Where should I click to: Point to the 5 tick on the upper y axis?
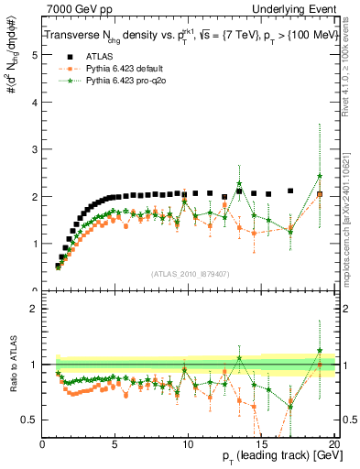(34, 55)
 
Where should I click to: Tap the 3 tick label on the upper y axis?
(34, 149)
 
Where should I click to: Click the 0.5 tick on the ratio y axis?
(30, 420)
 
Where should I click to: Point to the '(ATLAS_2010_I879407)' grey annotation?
(188, 272)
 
